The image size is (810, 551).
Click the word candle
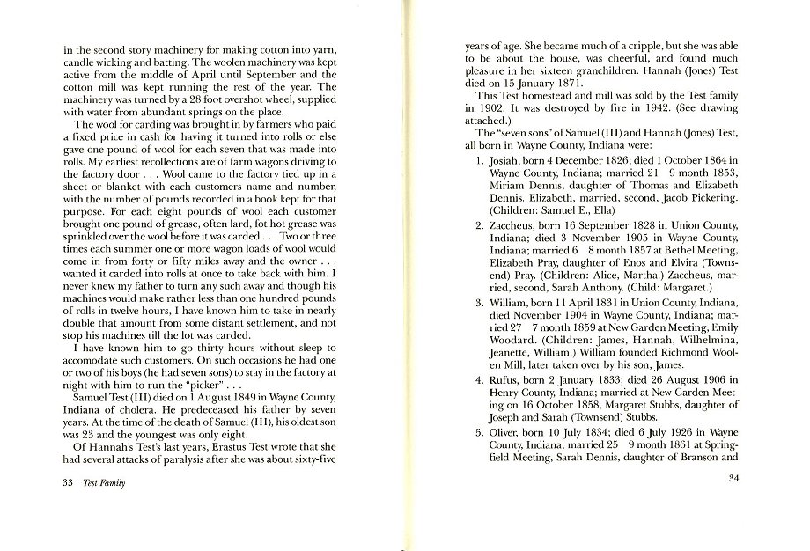click(x=79, y=62)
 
